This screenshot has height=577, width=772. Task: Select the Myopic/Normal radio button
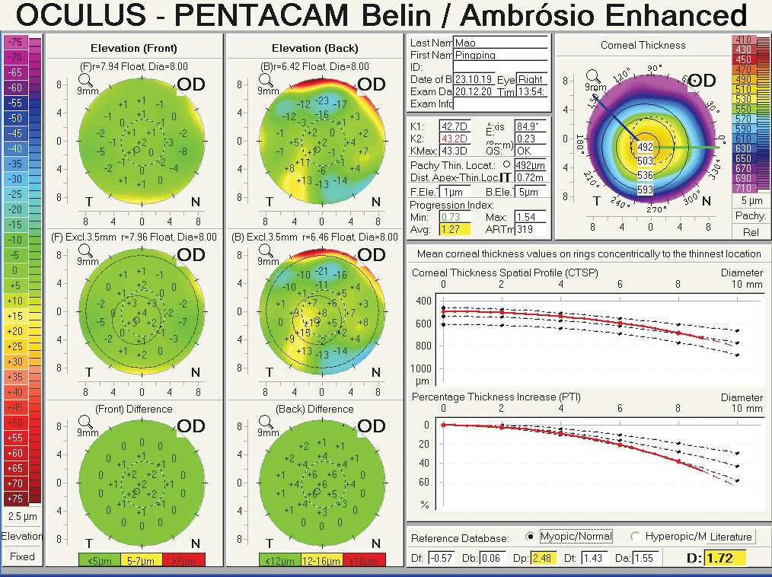[530, 536]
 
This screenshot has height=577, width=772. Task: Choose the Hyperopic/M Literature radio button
[636, 536]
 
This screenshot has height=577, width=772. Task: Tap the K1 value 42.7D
[455, 126]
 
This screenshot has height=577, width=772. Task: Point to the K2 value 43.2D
[455, 139]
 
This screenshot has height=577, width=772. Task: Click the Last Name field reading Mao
[500, 43]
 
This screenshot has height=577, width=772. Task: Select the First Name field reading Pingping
[500, 55]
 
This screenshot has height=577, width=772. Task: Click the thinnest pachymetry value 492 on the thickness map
[645, 147]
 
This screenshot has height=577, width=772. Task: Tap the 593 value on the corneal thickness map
[645, 190]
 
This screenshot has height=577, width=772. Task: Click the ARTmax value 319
[531, 229]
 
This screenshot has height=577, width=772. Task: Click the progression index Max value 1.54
[531, 217]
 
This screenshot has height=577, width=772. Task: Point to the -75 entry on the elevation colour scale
[14, 42]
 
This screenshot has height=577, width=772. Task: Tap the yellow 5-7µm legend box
[142, 560]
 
